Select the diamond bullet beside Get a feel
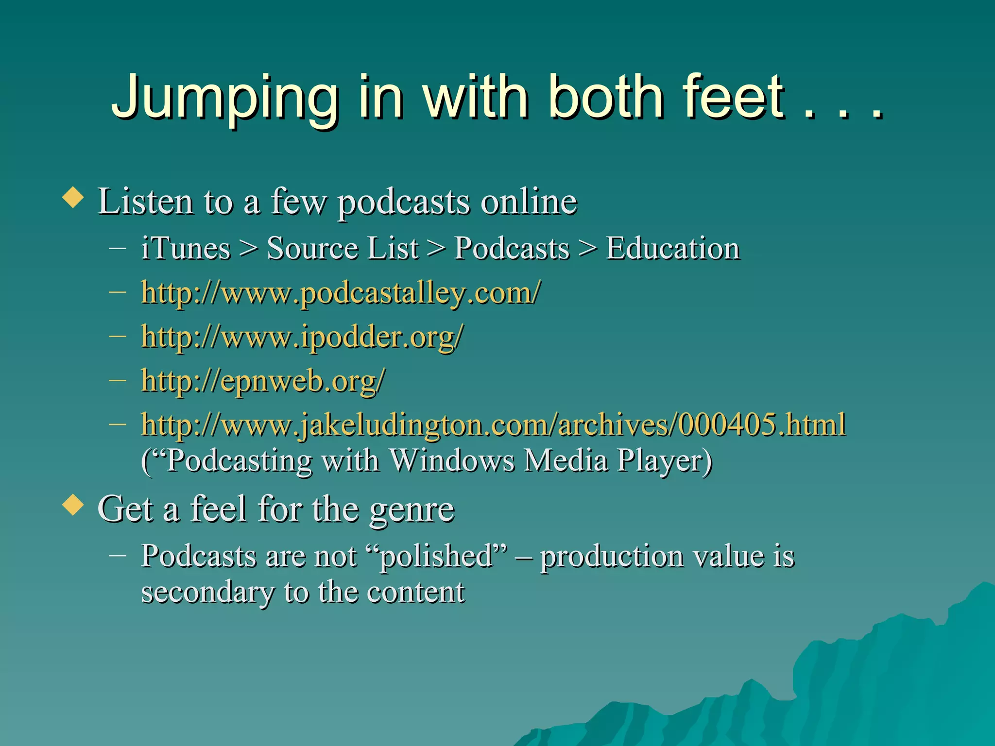pyautogui.click(x=73, y=505)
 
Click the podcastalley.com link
pyautogui.click(x=340, y=293)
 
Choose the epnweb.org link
pyautogui.click(x=263, y=380)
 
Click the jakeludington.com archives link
pyautogui.click(x=493, y=424)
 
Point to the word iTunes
pyautogui.click(x=186, y=248)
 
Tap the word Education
pyautogui.click(x=672, y=248)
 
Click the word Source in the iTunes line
pyautogui.click(x=311, y=248)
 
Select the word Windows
pyautogui.click(x=452, y=460)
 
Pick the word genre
pyautogui.click(x=412, y=509)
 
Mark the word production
pyautogui.click(x=612, y=556)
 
